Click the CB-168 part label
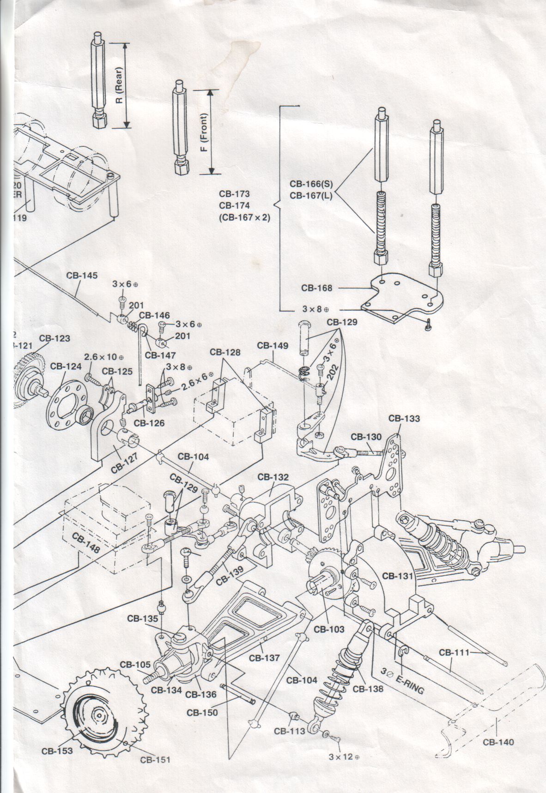click(x=316, y=288)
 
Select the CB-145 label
click(x=82, y=276)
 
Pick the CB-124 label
click(x=66, y=366)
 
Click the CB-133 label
click(x=404, y=419)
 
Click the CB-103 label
click(x=329, y=629)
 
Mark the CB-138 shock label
click(x=368, y=689)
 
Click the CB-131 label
click(x=398, y=576)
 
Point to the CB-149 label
click(x=273, y=345)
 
